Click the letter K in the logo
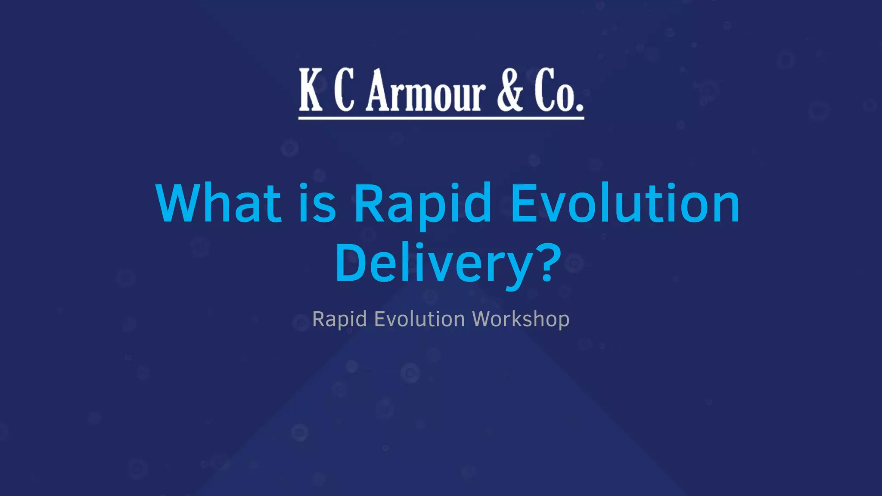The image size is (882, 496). click(x=311, y=90)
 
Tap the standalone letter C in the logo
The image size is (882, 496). click(x=345, y=90)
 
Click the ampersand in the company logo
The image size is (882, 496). click(x=510, y=90)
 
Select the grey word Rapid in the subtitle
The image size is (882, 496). click(x=339, y=319)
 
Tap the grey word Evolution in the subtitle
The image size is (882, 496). click(x=419, y=319)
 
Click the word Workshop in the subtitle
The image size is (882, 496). click(x=521, y=319)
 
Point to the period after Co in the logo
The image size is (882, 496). click(x=579, y=105)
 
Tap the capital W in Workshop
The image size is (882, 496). click(x=483, y=319)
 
